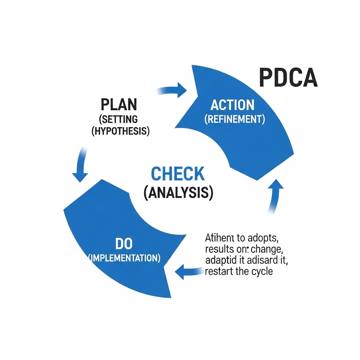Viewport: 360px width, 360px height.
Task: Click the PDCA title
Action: [288, 78]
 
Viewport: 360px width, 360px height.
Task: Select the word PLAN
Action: [119, 105]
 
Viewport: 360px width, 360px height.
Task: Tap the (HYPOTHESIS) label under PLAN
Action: [121, 131]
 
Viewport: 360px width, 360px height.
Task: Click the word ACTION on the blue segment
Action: [232, 105]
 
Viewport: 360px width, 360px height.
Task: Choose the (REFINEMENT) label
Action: [234, 119]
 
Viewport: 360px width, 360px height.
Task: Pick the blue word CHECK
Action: [178, 174]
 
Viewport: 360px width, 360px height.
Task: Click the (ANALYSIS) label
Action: [178, 193]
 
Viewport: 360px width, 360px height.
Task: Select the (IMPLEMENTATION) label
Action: [124, 258]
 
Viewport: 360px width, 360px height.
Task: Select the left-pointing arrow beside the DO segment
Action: [188, 271]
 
